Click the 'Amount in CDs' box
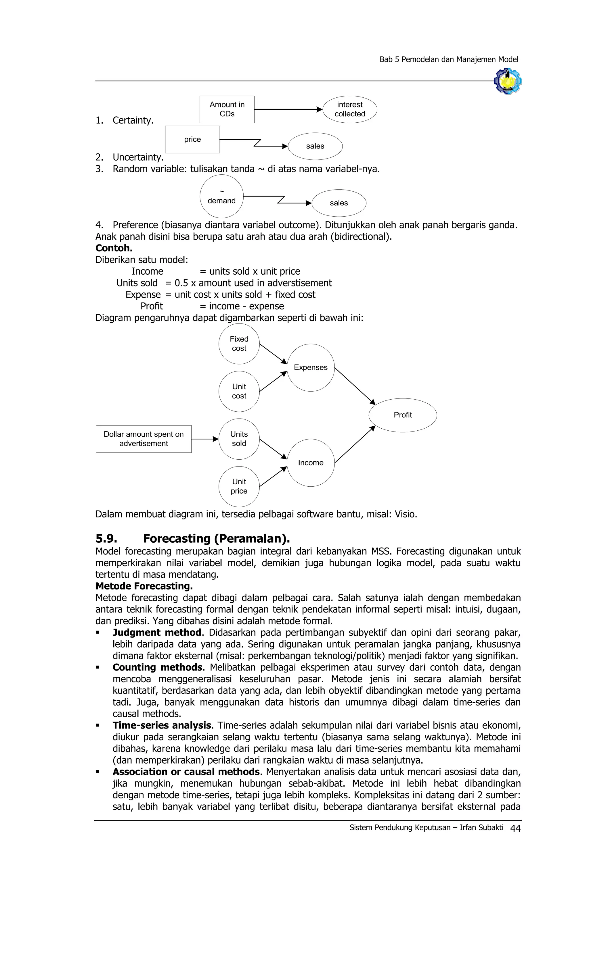(227, 109)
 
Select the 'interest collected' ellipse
(350, 109)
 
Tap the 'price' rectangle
(192, 140)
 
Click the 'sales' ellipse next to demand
(339, 203)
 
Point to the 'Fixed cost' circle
(239, 344)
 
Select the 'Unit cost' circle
(239, 391)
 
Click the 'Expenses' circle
(310, 367)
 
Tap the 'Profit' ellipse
(402, 415)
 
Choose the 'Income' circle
(310, 463)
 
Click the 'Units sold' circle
(239, 439)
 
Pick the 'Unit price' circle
(239, 486)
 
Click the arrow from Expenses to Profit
(354, 386)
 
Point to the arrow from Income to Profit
(354, 445)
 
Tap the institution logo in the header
(508, 81)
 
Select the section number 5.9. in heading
(106, 538)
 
